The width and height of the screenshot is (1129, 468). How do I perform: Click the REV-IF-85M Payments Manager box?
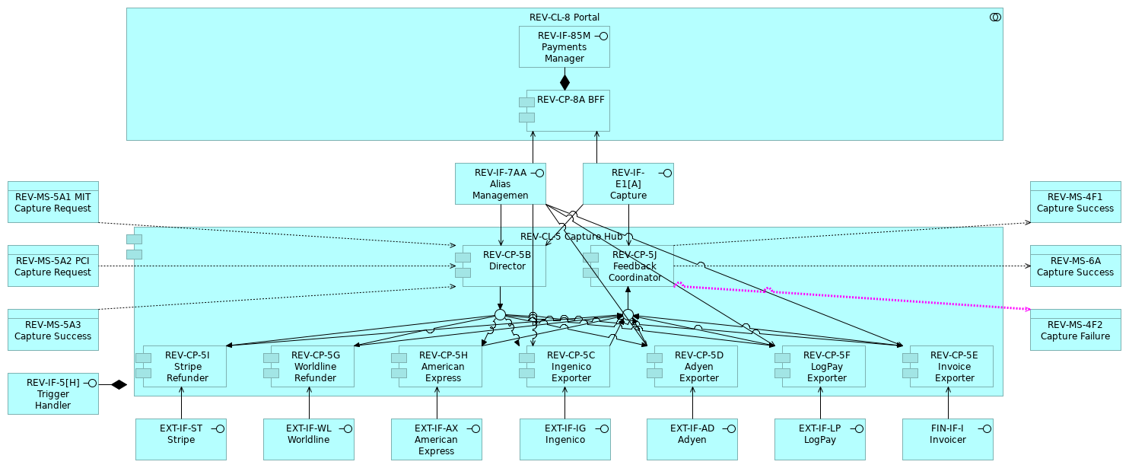564,46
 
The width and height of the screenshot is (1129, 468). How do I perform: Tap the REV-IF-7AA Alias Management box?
501,183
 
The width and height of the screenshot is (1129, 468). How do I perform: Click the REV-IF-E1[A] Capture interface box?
628,183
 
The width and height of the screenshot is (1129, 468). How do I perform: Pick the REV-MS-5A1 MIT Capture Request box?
53,202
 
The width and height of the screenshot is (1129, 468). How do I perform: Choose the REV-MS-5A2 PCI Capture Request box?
53,266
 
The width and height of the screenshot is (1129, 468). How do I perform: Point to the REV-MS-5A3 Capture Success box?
53,330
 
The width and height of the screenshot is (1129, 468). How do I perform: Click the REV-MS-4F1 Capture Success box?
1075,202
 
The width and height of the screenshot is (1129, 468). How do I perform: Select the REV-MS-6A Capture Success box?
1075,266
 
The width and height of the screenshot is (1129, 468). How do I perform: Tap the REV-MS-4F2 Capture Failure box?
1075,330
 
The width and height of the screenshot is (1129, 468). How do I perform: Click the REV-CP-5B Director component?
507,266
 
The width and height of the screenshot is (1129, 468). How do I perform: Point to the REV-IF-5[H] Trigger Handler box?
53,393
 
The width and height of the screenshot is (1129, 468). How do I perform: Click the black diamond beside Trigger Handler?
119,384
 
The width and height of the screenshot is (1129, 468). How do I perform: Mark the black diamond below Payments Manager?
564,81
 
